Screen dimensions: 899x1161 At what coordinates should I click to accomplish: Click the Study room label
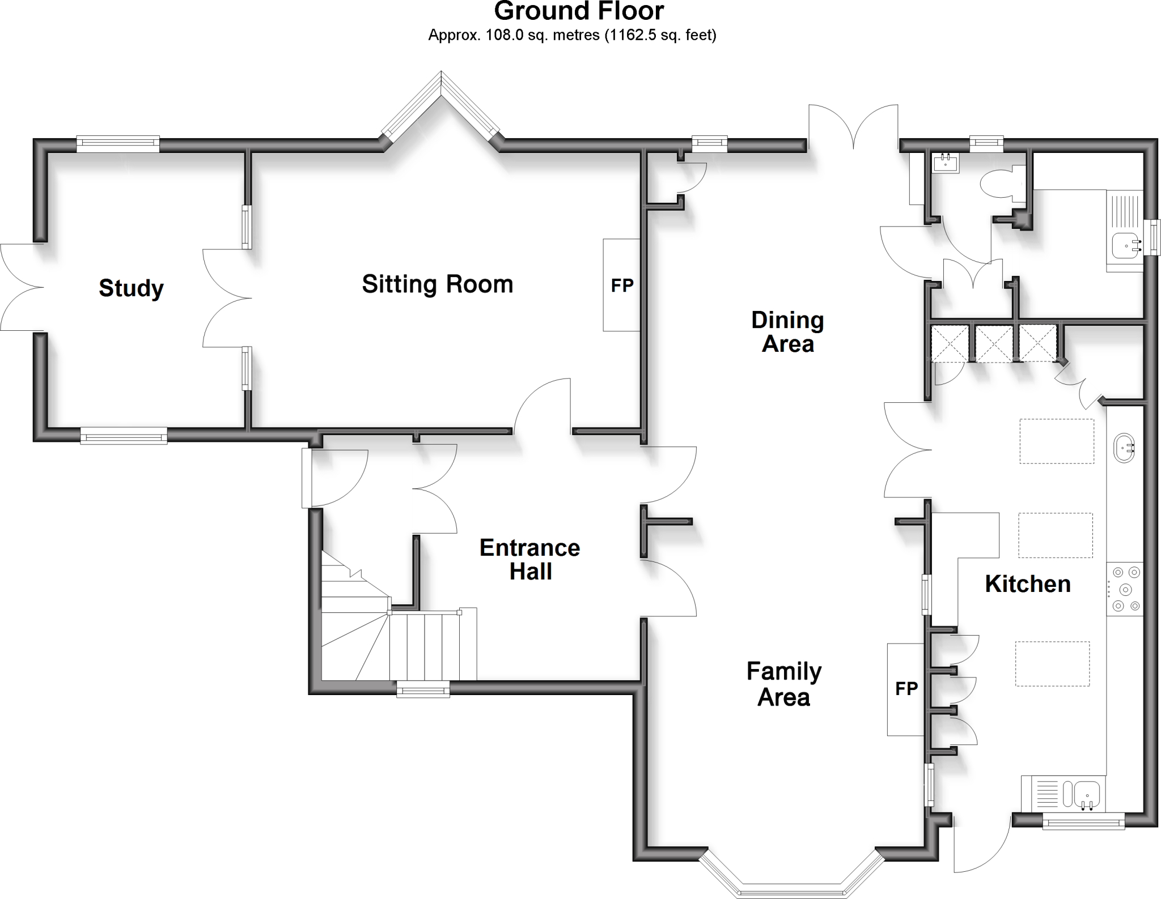click(132, 288)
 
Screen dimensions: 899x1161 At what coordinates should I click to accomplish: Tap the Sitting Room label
click(437, 284)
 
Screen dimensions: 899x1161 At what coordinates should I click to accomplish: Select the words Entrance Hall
click(529, 560)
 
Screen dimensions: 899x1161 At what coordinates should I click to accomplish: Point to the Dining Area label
click(787, 332)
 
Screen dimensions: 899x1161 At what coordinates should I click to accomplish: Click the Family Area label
click(784, 684)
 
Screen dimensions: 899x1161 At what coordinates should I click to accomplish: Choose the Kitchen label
click(1027, 584)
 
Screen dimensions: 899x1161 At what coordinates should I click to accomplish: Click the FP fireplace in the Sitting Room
click(621, 285)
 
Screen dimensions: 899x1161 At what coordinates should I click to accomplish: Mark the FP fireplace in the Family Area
click(906, 689)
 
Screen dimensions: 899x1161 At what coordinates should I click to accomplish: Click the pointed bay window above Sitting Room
click(441, 108)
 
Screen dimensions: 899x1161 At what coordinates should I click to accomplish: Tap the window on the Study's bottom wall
click(124, 436)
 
